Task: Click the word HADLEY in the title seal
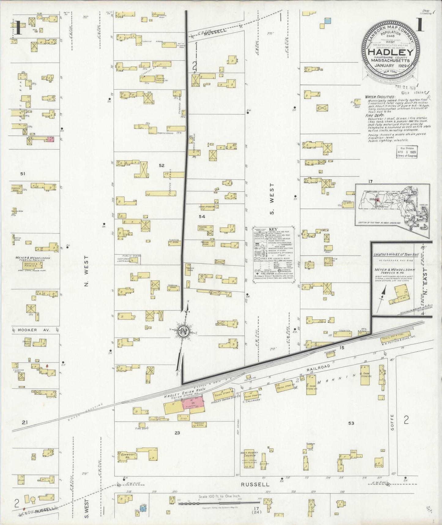pyautogui.click(x=389, y=52)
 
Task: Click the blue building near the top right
pyautogui.click(x=327, y=21)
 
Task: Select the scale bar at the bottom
pyautogui.click(x=219, y=502)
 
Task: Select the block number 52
pyautogui.click(x=162, y=165)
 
